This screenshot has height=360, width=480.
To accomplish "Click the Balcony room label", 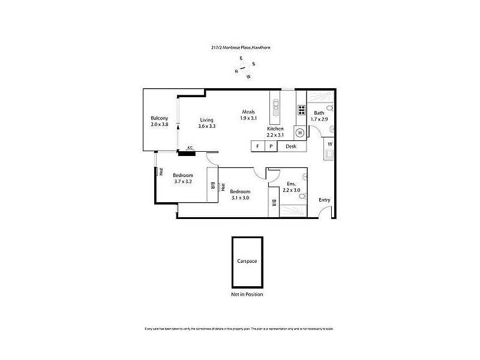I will [x=159, y=118].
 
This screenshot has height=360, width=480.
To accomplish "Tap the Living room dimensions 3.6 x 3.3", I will [x=207, y=126].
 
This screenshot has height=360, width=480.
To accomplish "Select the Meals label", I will [x=249, y=112].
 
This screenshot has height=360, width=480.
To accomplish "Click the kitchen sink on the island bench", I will [x=277, y=107].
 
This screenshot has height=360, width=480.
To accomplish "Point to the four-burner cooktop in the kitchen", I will [x=301, y=110].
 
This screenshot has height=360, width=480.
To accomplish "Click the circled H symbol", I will [x=299, y=133].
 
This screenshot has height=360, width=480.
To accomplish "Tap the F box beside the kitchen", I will [x=257, y=146].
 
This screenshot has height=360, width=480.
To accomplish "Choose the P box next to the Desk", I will [x=271, y=146].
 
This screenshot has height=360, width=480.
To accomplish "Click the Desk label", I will [x=291, y=146].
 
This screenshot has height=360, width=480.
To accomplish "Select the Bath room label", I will [x=319, y=113].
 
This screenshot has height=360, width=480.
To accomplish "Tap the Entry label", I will [x=324, y=200].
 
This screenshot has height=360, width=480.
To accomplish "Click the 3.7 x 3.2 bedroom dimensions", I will [x=182, y=181].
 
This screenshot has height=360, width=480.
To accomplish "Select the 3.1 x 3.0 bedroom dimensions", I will [x=239, y=197].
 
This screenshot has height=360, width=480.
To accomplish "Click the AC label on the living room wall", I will [x=190, y=148].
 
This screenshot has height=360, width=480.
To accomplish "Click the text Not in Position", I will [x=247, y=295].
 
